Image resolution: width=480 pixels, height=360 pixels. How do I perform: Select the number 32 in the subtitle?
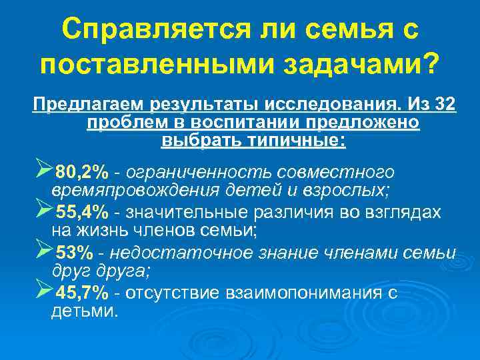point(442,105)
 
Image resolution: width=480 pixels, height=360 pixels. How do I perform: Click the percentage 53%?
point(75,253)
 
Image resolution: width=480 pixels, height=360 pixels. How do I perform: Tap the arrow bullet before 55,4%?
point(42,211)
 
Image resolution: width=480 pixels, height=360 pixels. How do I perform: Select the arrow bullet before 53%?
point(42,251)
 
